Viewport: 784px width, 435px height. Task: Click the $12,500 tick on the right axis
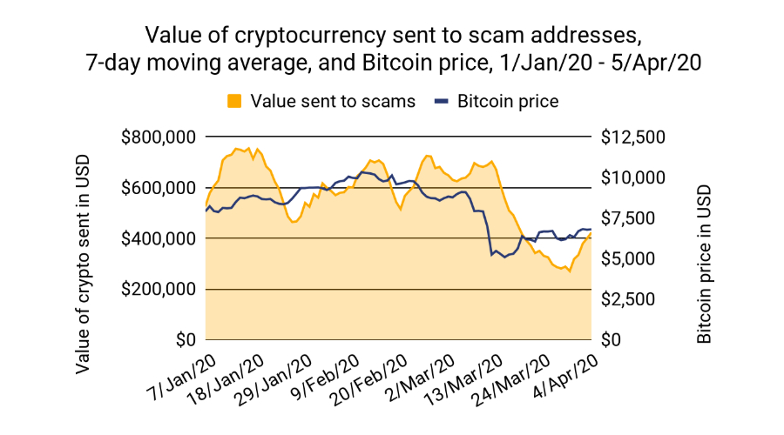(x=634, y=137)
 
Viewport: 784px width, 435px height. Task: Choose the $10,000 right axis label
(x=634, y=177)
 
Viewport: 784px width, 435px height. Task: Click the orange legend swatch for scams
(x=234, y=101)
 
